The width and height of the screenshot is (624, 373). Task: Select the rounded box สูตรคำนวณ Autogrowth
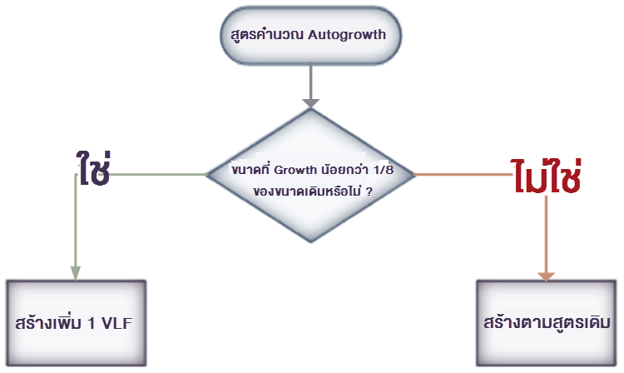tap(310, 36)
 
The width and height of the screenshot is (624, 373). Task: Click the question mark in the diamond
tap(368, 190)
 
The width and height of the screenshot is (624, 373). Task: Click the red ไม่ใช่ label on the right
tap(545, 175)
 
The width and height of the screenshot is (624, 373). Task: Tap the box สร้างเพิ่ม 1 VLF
tap(76, 322)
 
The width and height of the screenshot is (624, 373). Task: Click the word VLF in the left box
tap(119, 322)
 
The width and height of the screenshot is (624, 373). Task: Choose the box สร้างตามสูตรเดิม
tap(547, 322)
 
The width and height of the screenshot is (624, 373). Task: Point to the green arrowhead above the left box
tap(76, 272)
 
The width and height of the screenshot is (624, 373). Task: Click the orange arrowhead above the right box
tap(547, 274)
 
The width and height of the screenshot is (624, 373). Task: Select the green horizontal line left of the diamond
tap(158, 175)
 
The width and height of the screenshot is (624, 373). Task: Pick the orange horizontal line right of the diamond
tap(462, 175)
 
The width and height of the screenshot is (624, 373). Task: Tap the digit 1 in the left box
tap(92, 322)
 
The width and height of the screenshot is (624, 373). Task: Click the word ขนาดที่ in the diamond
tap(249, 171)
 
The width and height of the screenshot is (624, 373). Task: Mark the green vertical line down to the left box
tap(76, 225)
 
